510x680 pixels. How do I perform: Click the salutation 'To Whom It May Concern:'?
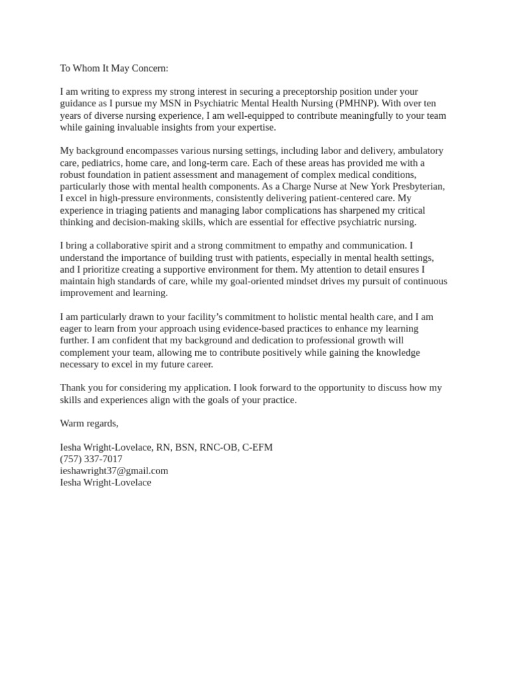114,68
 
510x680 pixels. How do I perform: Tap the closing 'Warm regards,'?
89,423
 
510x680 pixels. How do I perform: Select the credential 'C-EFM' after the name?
257,447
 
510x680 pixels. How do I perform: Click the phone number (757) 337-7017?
91,459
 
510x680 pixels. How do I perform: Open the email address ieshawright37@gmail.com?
114,471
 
